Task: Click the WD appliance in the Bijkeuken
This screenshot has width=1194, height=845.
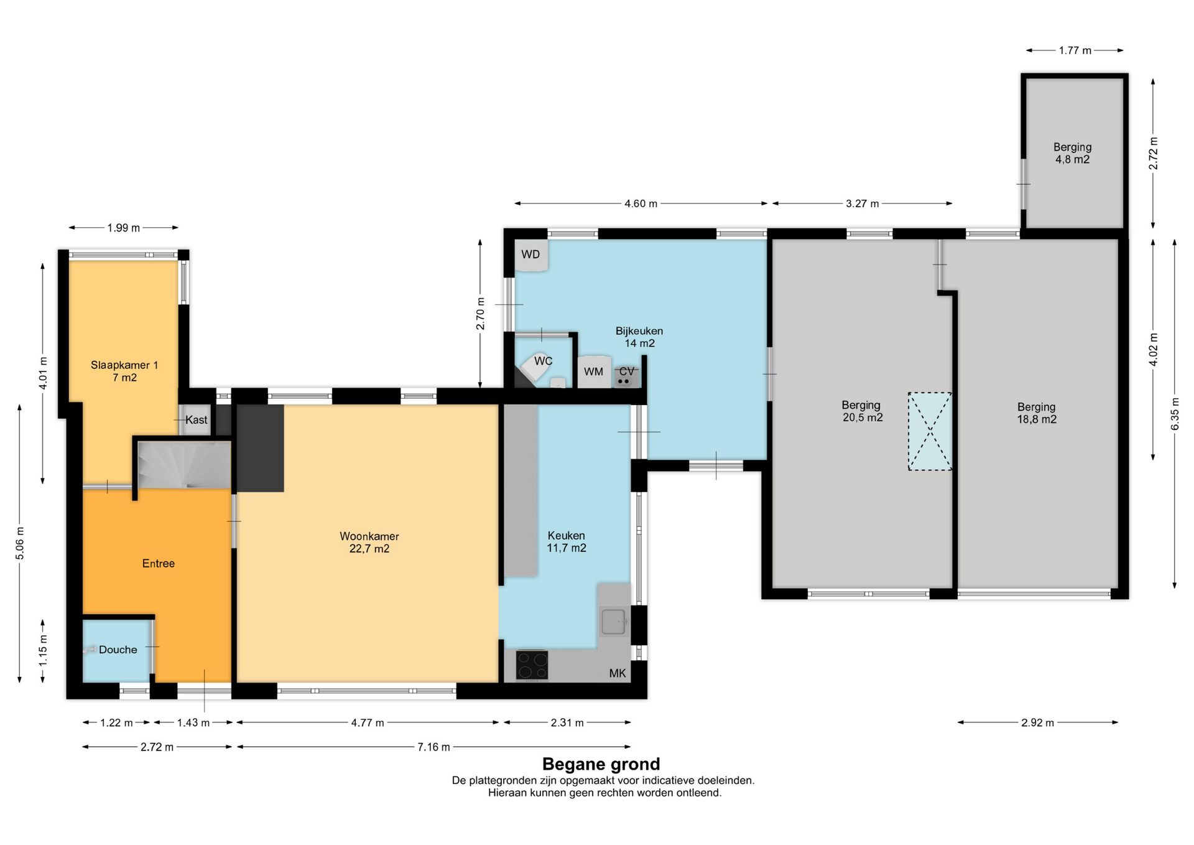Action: point(532,255)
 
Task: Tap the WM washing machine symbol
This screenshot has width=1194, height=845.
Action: point(594,371)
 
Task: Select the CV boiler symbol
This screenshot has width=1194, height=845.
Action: point(627,373)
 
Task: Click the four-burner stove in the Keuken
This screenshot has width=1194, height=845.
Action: point(532,665)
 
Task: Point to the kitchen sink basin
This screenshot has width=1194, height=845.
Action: point(614,621)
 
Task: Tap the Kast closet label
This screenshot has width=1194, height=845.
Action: point(197,420)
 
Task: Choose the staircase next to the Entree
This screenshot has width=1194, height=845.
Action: point(184,465)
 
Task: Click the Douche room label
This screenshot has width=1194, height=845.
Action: point(118,650)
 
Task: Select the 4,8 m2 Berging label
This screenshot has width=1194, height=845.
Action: point(1072,153)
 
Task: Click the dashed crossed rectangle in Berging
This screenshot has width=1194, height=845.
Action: point(930,431)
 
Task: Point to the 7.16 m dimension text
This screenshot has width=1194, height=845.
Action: point(433,747)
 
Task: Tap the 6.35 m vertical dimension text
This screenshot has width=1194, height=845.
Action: point(1175,414)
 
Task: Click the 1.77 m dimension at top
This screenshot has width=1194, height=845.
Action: point(1075,50)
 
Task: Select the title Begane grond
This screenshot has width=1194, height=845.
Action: point(601,764)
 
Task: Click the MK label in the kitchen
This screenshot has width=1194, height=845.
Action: point(618,673)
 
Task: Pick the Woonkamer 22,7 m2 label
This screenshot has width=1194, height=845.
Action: point(369,543)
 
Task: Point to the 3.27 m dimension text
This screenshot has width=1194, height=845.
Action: point(863,203)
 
